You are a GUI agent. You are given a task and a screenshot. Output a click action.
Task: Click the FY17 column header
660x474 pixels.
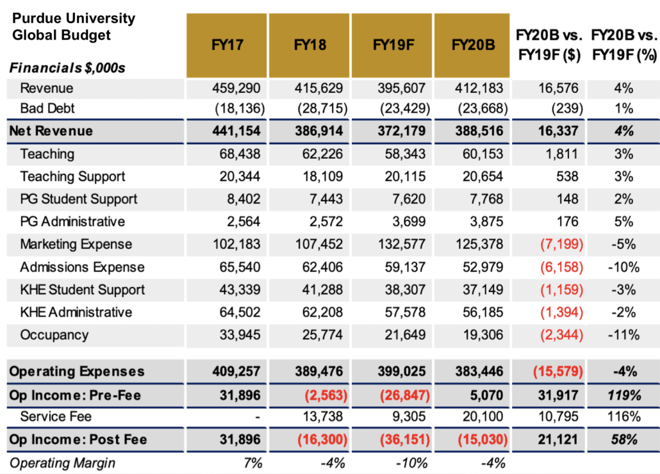pos(227,45)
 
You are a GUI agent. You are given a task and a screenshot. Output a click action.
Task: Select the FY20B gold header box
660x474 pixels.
pos(473,45)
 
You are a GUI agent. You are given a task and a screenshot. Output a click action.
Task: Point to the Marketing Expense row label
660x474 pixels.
pos(76,244)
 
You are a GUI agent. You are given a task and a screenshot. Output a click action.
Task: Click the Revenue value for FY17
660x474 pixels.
pos(237,88)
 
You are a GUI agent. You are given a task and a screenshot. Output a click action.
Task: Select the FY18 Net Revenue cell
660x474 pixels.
pos(318,131)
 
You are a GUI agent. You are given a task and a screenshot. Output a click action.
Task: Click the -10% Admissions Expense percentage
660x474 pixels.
pos(624,267)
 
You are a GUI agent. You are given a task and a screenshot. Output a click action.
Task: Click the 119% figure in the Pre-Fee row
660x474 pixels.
pos(624,395)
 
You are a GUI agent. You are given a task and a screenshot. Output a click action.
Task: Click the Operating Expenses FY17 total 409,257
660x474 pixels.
pos(235,372)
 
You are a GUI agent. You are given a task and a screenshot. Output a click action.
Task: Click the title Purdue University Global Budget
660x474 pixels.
pos(74,26)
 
